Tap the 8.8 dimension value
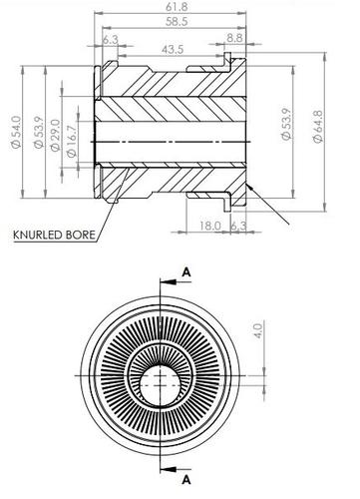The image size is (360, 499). (236, 38)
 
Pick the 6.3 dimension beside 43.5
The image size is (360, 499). (110, 39)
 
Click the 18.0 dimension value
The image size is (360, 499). (207, 228)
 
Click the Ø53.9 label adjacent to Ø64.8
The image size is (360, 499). (287, 125)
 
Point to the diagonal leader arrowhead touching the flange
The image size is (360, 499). (251, 188)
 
